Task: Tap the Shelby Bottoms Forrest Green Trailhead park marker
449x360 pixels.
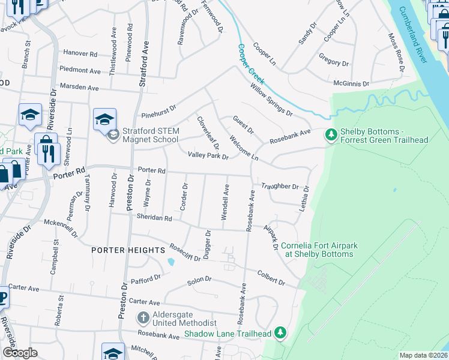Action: tap(330, 135)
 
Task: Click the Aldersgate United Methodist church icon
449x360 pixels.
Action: tap(143, 317)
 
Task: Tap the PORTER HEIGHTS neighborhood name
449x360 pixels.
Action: tap(128, 250)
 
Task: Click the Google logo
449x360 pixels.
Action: tap(20, 353)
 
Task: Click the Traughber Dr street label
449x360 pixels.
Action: tap(280, 187)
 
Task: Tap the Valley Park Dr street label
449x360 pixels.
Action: tap(208, 155)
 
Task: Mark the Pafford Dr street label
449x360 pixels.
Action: tap(146, 278)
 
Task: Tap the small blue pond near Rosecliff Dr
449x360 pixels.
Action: tap(172, 262)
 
